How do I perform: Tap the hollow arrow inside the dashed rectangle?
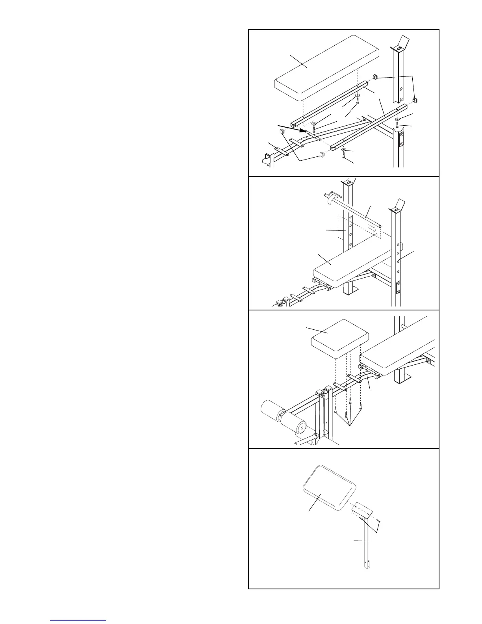pos(372,228)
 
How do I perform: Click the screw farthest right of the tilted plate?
pos(378,521)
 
